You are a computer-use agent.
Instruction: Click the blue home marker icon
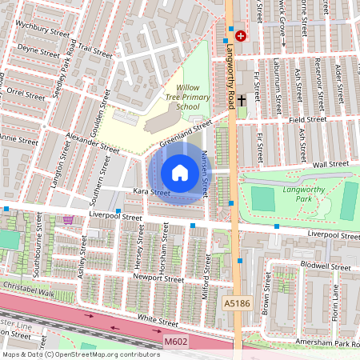[x=180, y=172]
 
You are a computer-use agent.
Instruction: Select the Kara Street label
[x=151, y=193]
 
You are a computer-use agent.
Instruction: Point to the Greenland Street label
[x=184, y=133]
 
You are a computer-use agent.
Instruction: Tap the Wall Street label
[x=332, y=163]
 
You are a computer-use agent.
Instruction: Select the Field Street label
[x=307, y=119]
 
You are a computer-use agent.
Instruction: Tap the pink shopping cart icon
[x=70, y=219]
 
